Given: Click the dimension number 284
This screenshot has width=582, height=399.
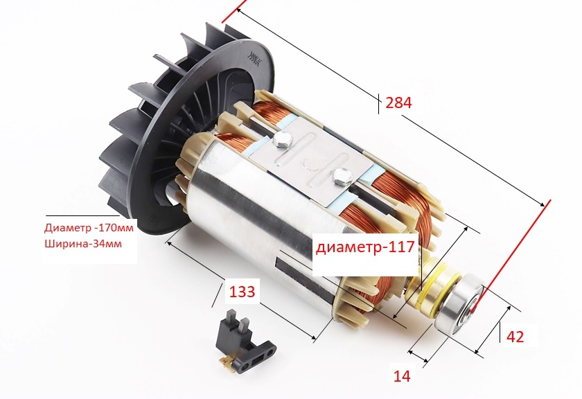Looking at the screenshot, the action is tap(398, 103).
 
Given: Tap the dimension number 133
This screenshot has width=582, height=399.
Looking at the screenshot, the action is tap(242, 292).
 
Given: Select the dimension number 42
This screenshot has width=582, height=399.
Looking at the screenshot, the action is tap(515, 337).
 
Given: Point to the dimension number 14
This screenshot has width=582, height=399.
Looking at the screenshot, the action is tap(402, 376).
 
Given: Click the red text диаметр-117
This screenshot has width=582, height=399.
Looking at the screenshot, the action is tap(365, 247).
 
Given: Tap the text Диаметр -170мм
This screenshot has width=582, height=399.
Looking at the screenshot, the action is tap(89, 227).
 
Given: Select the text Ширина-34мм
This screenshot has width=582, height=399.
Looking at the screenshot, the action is tap(82, 244).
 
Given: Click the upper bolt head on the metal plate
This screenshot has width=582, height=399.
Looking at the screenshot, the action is tap(282, 140).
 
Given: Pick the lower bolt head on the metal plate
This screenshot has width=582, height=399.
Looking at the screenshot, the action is tap(342, 176).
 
